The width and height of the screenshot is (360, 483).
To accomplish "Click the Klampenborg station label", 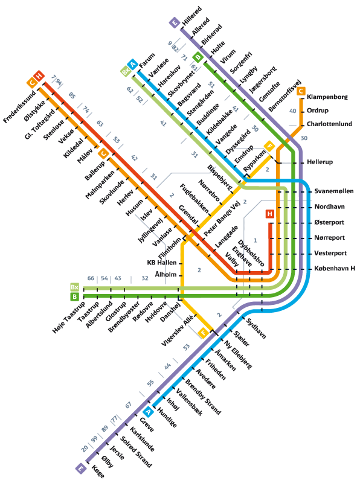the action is pos(327,97).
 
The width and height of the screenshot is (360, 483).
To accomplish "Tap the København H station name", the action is pos(335,268).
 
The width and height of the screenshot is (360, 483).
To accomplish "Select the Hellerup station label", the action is pos(320,162).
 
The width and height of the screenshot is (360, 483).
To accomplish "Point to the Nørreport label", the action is pos(329,237).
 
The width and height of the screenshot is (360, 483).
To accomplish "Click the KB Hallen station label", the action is pos(162,263).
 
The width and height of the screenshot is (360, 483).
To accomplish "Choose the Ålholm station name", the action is pos(166,274).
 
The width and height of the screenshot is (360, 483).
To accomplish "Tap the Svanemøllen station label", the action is pos(334,191).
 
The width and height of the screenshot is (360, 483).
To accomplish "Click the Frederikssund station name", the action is pos(19,107).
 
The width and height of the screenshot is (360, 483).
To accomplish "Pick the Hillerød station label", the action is pos(192,16).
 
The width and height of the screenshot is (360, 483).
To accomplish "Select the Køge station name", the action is pos(98,472).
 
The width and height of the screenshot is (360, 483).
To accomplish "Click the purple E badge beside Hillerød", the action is pos(175,23).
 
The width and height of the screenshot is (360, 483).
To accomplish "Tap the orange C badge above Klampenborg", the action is pos(301,91).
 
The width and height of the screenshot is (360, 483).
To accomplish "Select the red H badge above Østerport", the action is pos(270,214).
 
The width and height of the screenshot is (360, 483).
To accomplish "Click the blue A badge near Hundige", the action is pos(148,412).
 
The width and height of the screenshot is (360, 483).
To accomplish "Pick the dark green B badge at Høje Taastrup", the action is pos(74,296).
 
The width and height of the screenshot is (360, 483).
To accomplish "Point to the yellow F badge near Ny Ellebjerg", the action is pos(203,333).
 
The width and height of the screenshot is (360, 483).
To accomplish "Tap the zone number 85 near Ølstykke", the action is pos(72,95).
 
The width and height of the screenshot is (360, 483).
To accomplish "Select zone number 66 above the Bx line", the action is pos(91,278).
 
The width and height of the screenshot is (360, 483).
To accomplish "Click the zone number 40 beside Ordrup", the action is pos(293,111).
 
